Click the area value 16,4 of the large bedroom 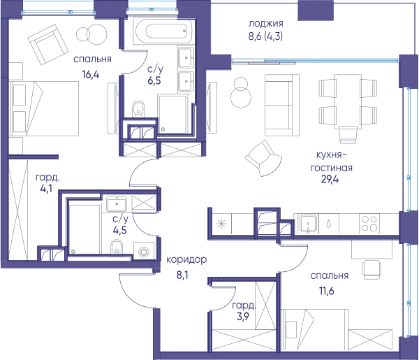pyautogui.click(x=91, y=74)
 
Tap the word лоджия pyautogui.click(x=265, y=24)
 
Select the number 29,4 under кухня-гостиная pyautogui.click(x=330, y=179)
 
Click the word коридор pyautogui.click(x=186, y=260)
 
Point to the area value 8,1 pyautogui.click(x=182, y=275)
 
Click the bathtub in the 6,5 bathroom pyautogui.click(x=163, y=31)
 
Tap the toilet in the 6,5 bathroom pyautogui.click(x=138, y=108)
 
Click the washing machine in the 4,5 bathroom pyautogui.click(x=144, y=252)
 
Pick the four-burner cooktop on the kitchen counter pyautogui.click(x=369, y=224)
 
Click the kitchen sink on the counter pyautogui.click(x=309, y=224)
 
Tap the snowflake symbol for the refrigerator pyautogui.click(x=221, y=224)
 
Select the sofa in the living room pyautogui.click(x=282, y=105)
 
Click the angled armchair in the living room pyautogui.click(x=263, y=159)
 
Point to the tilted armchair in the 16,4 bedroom pyautogui.click(x=48, y=45)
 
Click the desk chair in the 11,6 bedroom pyautogui.click(x=372, y=270)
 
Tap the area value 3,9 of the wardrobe pyautogui.click(x=242, y=317)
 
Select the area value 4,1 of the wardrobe pyautogui.click(x=46, y=189)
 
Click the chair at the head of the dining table pyautogui.click(x=348, y=134)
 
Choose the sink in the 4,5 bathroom pyautogui.click(x=117, y=204)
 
